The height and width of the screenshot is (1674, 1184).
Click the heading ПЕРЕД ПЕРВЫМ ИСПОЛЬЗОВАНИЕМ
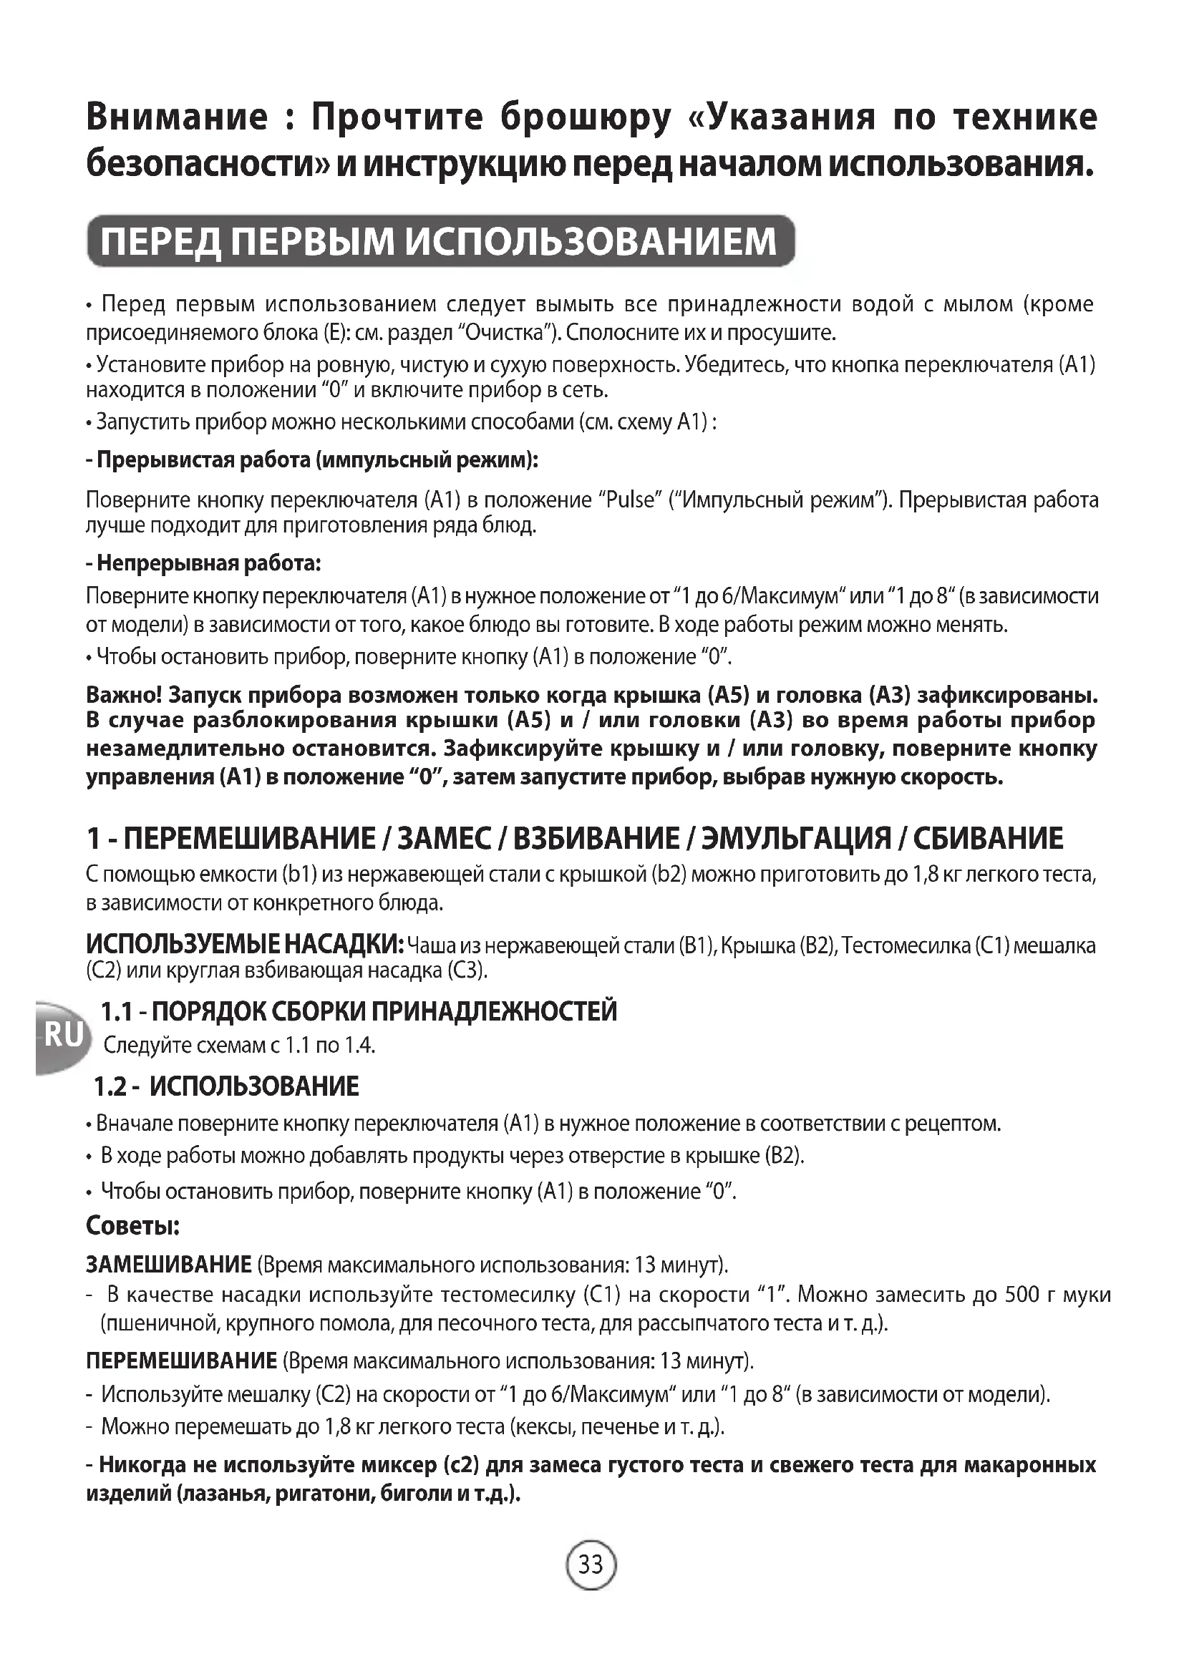click(439, 241)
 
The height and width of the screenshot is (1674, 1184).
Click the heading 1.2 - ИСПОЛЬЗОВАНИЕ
click(227, 1086)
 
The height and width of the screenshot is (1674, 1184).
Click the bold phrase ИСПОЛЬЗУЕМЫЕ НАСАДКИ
click(244, 945)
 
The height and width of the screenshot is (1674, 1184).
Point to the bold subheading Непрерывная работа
click(203, 563)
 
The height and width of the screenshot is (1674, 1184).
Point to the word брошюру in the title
click(585, 117)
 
